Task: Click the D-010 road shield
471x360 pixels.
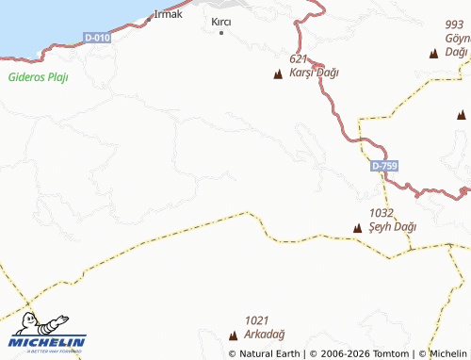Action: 96,37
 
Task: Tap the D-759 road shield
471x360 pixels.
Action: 383,166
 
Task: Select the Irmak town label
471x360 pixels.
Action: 168,15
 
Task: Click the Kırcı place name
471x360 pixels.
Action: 221,20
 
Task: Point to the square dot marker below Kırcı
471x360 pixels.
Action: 221,33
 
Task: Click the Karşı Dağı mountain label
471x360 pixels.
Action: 315,73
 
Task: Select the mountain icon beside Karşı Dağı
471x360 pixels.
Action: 278,74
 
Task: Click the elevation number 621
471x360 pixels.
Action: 300,59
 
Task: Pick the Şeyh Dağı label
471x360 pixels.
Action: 392,227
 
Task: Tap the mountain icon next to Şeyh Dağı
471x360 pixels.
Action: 356,228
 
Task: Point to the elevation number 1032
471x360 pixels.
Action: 382,214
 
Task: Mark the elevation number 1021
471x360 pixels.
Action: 256,320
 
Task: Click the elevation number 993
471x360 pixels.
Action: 455,25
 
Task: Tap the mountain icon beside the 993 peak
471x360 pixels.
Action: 433,54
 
